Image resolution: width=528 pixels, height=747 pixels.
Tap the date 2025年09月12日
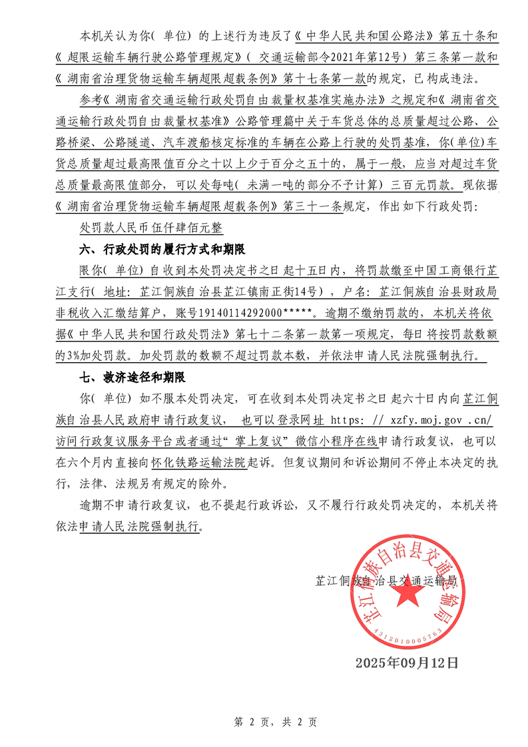[x=407, y=662]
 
